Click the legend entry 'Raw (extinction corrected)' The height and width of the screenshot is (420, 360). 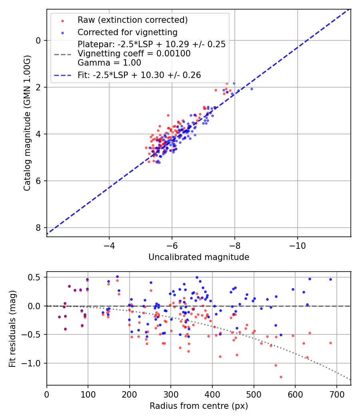(x=132, y=20)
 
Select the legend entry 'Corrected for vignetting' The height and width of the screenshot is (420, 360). (x=127, y=32)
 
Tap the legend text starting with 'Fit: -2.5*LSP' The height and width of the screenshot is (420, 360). (x=139, y=75)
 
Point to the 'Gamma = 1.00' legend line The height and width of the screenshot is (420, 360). (x=109, y=62)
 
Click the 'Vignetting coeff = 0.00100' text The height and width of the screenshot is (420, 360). (x=134, y=54)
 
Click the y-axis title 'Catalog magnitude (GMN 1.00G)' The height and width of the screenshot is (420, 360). (x=27, y=122)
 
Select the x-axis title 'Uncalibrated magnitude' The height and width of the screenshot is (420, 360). (x=199, y=257)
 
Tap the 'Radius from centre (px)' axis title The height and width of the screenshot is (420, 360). (x=199, y=406)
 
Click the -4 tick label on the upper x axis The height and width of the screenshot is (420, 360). (x=109, y=244)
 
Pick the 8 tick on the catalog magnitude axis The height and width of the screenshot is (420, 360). (x=38, y=228)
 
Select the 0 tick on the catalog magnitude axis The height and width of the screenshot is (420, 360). (x=38, y=40)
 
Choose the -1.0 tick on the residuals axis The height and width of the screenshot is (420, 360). (x=33, y=363)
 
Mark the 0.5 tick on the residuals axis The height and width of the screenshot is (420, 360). (x=36, y=277)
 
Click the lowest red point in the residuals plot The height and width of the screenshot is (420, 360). (x=281, y=377)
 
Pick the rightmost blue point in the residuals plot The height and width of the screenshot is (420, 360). (x=330, y=279)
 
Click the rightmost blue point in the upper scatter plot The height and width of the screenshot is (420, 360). (x=252, y=89)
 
